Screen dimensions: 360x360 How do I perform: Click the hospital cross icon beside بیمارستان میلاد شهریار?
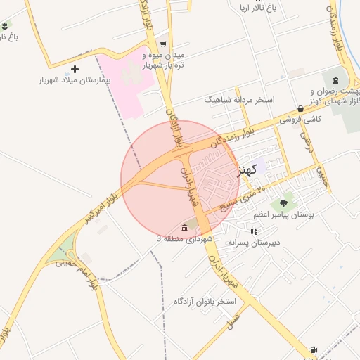pos(75,69)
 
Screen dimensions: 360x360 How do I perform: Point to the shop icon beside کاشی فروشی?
pos(301,108)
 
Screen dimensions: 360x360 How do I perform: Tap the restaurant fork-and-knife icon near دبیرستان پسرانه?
pos(254,231)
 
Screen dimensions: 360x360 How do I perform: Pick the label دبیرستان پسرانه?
pos(254,242)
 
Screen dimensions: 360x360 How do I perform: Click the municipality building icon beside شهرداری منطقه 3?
pos(184,227)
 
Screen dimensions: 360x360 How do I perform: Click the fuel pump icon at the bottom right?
pos(313,349)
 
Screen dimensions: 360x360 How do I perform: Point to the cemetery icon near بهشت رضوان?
pos(335,79)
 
